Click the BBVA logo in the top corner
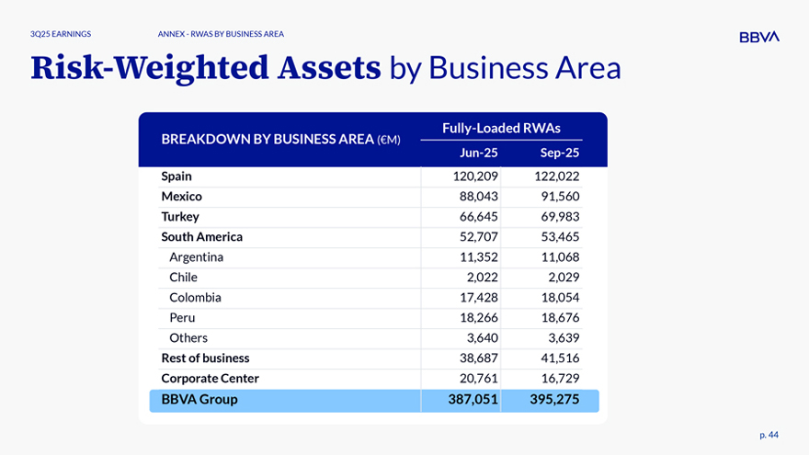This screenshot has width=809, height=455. pos(758,37)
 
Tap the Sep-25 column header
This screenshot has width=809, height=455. pos(560,154)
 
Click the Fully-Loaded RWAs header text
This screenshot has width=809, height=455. pos(501,128)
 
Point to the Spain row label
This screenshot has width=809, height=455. pos(177,176)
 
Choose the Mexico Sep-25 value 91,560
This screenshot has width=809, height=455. pos(557,196)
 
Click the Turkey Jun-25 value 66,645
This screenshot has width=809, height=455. pos(478,216)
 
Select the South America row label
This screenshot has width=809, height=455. pos(202,236)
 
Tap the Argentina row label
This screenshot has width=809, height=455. pos(196,256)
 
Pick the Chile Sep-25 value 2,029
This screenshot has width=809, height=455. pos(562,277)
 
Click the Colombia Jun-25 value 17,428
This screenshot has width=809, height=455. pos(478,297)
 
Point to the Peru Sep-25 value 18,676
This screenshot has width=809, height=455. pos(557,317)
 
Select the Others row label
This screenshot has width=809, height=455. pos(188,337)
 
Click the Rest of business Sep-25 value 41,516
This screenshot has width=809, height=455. pos(557,358)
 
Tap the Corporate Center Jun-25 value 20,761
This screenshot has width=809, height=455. pos(478,378)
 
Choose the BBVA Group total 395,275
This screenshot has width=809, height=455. pos(554,399)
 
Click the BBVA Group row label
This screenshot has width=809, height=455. pos(199,399)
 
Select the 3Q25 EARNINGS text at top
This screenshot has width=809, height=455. pos(60,34)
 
